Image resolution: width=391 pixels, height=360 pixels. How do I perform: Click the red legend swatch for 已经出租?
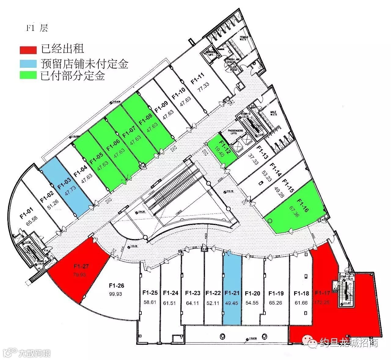pos(28,49)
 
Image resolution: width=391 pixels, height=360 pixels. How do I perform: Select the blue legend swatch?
pos(28,64)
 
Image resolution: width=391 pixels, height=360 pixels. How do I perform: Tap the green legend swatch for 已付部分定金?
pos(28,75)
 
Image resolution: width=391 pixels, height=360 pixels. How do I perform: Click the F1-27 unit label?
pos(81,266)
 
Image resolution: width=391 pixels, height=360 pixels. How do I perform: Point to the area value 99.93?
pos(116,294)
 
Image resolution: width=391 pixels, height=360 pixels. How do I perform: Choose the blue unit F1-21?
pos(232,293)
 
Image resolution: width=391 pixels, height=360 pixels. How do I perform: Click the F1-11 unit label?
pos(197,78)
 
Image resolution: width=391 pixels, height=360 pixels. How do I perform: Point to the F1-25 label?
pos(150,293)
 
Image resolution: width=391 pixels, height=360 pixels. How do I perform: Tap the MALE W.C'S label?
pos(273,113)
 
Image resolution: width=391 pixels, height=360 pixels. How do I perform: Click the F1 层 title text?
pos(37,28)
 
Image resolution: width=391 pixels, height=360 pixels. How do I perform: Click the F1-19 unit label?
pos(276,293)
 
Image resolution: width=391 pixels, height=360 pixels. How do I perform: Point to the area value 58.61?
pos(150,303)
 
